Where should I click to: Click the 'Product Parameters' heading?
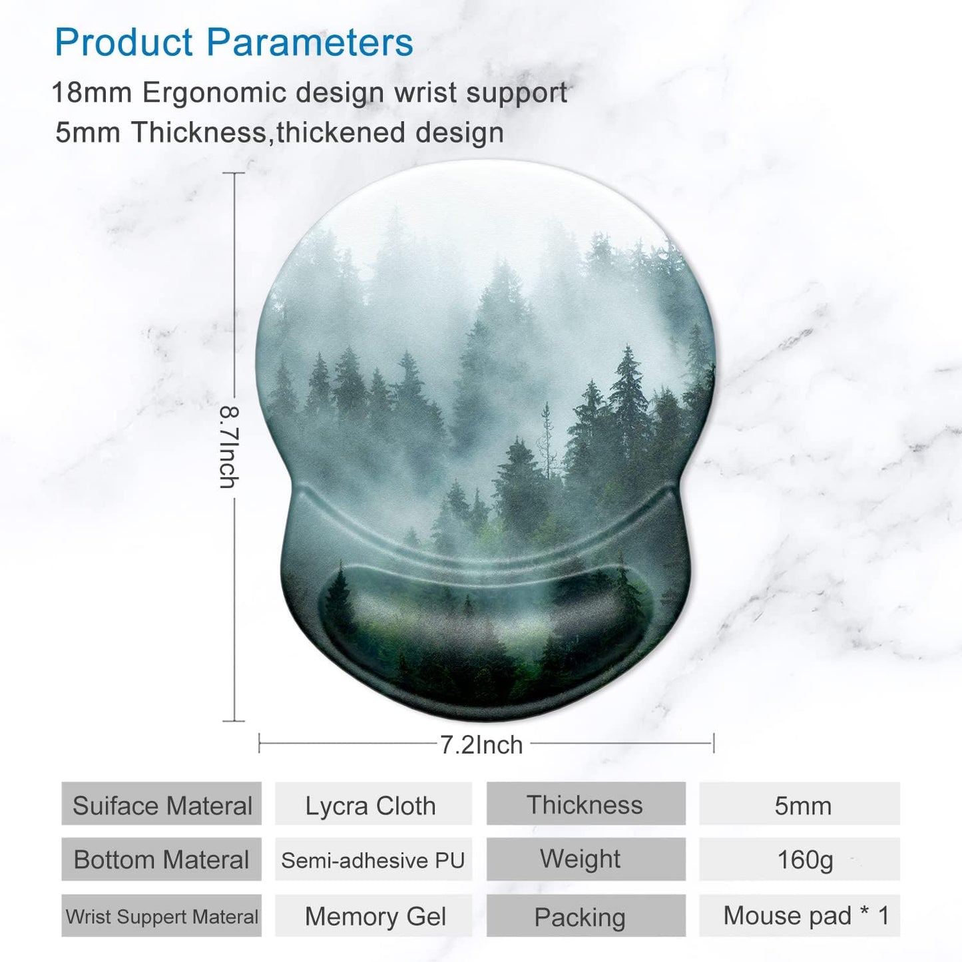coord(234,43)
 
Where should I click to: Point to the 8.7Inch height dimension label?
coord(228,447)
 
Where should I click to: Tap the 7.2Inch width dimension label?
coord(481,745)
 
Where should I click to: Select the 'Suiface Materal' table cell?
coord(162,806)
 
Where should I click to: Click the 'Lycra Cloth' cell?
coord(371,806)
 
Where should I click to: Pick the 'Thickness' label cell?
coord(585,805)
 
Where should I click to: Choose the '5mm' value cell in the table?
coord(802,806)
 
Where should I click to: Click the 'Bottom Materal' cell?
coord(162,859)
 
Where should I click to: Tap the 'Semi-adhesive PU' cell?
coord(373,860)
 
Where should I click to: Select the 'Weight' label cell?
coord(581,859)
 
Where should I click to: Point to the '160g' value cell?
coord(804,859)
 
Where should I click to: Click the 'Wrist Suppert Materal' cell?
coord(162,917)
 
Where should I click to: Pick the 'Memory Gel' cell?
coord(375,917)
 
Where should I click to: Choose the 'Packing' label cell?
coord(580,917)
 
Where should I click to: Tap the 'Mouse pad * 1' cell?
coord(806,916)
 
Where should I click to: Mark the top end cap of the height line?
coord(234,173)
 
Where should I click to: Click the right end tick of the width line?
coord(714,743)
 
